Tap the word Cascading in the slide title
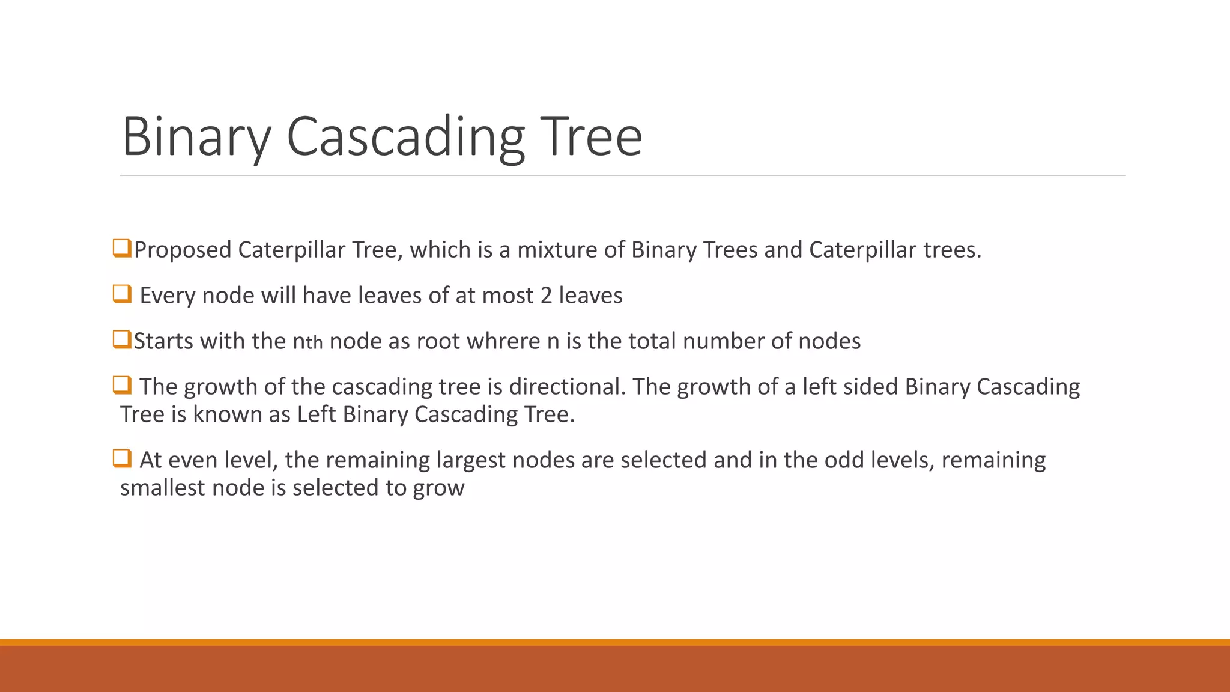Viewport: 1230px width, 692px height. point(405,137)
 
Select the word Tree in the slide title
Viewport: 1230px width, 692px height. point(591,137)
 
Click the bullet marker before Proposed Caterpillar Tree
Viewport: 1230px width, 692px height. point(122,248)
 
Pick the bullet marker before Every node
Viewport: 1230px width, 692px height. point(122,294)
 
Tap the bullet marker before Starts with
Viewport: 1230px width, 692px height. point(122,339)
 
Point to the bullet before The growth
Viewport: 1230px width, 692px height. point(122,385)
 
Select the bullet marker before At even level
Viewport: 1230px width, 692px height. point(122,458)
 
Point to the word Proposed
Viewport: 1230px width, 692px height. point(183,250)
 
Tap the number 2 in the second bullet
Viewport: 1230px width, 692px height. point(545,296)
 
